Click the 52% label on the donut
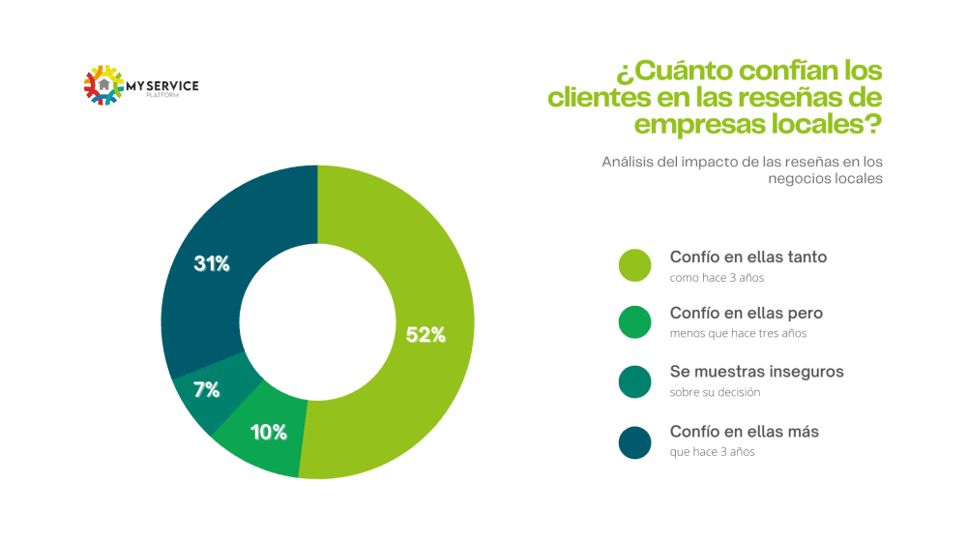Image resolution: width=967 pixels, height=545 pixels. [x=425, y=335]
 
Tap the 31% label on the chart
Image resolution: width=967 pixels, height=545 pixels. [x=211, y=263]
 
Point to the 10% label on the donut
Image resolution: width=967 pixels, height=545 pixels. [x=268, y=433]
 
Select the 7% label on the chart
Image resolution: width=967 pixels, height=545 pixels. [x=206, y=390]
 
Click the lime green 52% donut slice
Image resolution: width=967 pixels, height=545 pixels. [x=406, y=252]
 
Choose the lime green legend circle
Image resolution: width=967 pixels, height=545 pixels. [x=635, y=266]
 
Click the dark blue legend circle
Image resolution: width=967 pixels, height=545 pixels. [x=635, y=441]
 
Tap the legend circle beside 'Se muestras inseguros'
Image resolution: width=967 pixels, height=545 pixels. [x=635, y=382]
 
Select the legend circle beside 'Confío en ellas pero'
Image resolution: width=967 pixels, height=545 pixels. [x=635, y=323]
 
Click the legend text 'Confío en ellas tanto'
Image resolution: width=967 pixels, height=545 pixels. [x=747, y=257]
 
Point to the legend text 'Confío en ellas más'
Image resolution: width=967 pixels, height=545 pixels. [x=744, y=432]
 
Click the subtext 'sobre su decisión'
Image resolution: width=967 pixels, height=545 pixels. [x=715, y=392]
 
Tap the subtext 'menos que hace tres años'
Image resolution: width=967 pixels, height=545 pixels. [x=738, y=333]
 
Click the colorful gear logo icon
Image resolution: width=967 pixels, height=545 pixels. [x=104, y=85]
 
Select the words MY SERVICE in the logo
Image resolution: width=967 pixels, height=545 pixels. [x=162, y=86]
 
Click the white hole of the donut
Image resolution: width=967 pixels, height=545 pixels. [x=317, y=321]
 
